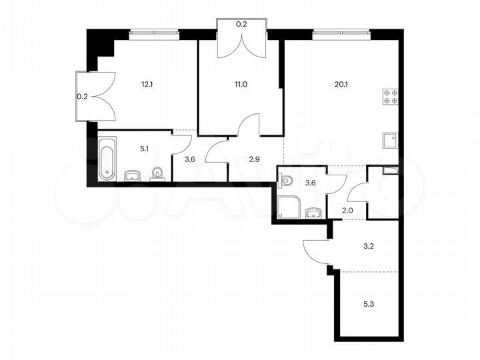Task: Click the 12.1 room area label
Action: point(147,85)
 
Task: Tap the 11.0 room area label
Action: point(240,85)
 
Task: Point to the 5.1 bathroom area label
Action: point(143,149)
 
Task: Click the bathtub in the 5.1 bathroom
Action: point(107,159)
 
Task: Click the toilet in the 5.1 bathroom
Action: point(158,173)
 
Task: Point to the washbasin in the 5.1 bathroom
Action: point(131,175)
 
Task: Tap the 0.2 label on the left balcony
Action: point(81,97)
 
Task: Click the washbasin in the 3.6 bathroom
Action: point(313,213)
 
